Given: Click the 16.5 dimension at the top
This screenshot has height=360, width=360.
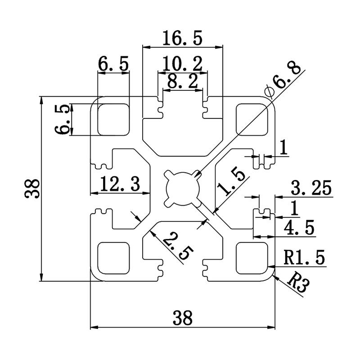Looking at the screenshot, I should click(182, 38).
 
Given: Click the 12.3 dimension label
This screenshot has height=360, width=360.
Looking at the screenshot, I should click(120, 184).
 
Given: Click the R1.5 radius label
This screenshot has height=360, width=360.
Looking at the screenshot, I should click(304, 258).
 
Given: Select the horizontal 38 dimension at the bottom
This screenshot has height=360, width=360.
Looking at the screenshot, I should click(182, 318).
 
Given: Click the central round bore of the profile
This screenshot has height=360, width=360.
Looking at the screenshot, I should click(182, 188).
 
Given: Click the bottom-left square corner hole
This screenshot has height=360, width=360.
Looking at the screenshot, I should click(113, 257).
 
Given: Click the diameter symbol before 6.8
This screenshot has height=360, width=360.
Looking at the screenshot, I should click(270, 91).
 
